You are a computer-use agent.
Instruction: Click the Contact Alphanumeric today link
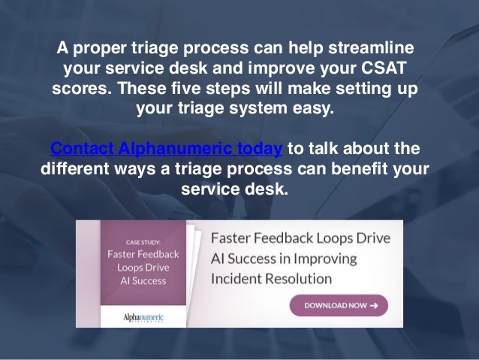point(166,149)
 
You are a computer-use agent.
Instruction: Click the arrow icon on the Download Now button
point(374,305)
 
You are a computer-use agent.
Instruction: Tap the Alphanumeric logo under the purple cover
point(143,318)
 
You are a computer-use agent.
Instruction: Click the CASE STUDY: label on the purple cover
point(143,243)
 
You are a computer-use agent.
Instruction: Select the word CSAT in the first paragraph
point(384,68)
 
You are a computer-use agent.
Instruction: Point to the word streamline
point(371,47)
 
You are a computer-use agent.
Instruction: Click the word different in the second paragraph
point(75,168)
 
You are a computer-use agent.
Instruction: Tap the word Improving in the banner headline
point(325,259)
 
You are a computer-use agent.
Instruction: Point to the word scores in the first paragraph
point(82,88)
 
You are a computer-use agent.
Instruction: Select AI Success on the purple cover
point(143,281)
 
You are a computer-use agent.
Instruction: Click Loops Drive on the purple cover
point(143,268)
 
